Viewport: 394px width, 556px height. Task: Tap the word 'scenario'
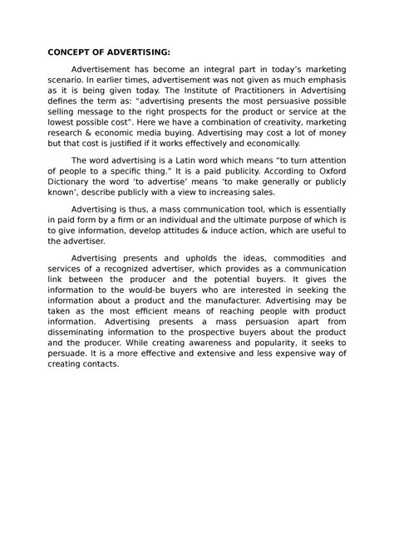tap(69, 85)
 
